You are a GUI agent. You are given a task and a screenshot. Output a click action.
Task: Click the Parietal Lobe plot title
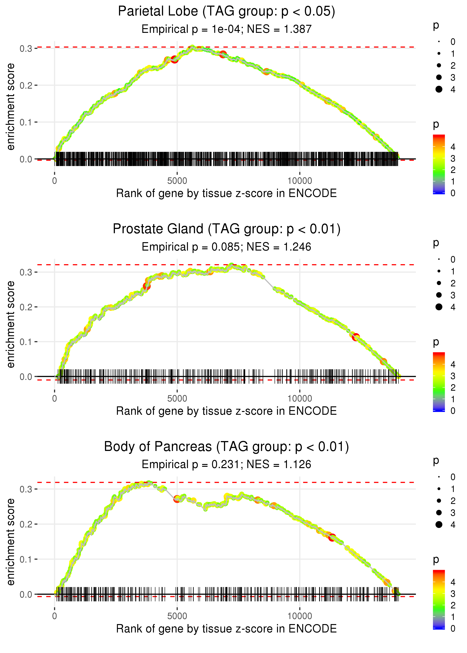226,12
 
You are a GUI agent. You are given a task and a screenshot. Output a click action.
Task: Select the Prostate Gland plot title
226,229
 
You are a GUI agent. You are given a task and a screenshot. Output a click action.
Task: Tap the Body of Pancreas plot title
226,447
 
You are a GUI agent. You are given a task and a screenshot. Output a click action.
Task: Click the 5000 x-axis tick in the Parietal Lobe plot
177,181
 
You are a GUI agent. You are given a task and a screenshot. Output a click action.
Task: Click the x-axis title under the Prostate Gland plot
226,411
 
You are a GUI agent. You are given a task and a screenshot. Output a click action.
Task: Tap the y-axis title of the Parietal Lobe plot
11,107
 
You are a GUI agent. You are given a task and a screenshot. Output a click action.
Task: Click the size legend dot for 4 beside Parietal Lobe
439,89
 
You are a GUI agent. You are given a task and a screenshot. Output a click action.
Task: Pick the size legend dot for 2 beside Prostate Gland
439,283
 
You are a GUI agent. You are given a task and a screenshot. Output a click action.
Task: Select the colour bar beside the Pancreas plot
439,599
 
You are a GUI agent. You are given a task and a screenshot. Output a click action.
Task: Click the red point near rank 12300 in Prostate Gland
356,337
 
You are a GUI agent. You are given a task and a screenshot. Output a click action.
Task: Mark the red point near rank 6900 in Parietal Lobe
223,54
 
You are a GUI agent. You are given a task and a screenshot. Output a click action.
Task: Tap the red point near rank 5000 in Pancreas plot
177,499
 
